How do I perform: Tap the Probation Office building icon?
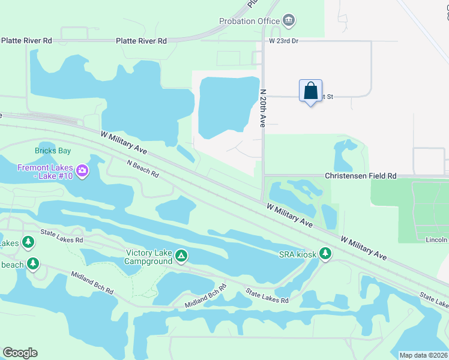[289, 21]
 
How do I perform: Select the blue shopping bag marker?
[310, 91]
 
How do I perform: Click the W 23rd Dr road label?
[283, 41]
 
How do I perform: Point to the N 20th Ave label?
[262, 108]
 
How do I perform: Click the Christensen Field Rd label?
[360, 176]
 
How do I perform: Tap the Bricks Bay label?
[53, 150]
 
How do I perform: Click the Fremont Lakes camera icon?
[82, 172]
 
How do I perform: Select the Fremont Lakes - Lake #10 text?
[45, 172]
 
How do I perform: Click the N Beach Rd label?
[143, 169]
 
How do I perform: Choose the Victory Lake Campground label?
[148, 257]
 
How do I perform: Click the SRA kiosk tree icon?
[325, 253]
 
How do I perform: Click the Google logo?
[20, 353]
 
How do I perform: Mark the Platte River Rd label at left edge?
[26, 41]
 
